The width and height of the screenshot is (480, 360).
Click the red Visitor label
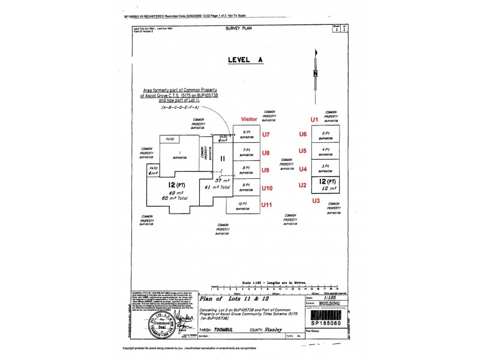coord(249,119)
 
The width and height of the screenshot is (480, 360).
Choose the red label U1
coord(313,119)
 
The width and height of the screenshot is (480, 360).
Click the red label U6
coord(303,134)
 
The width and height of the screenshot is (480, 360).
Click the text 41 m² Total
coord(218,188)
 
